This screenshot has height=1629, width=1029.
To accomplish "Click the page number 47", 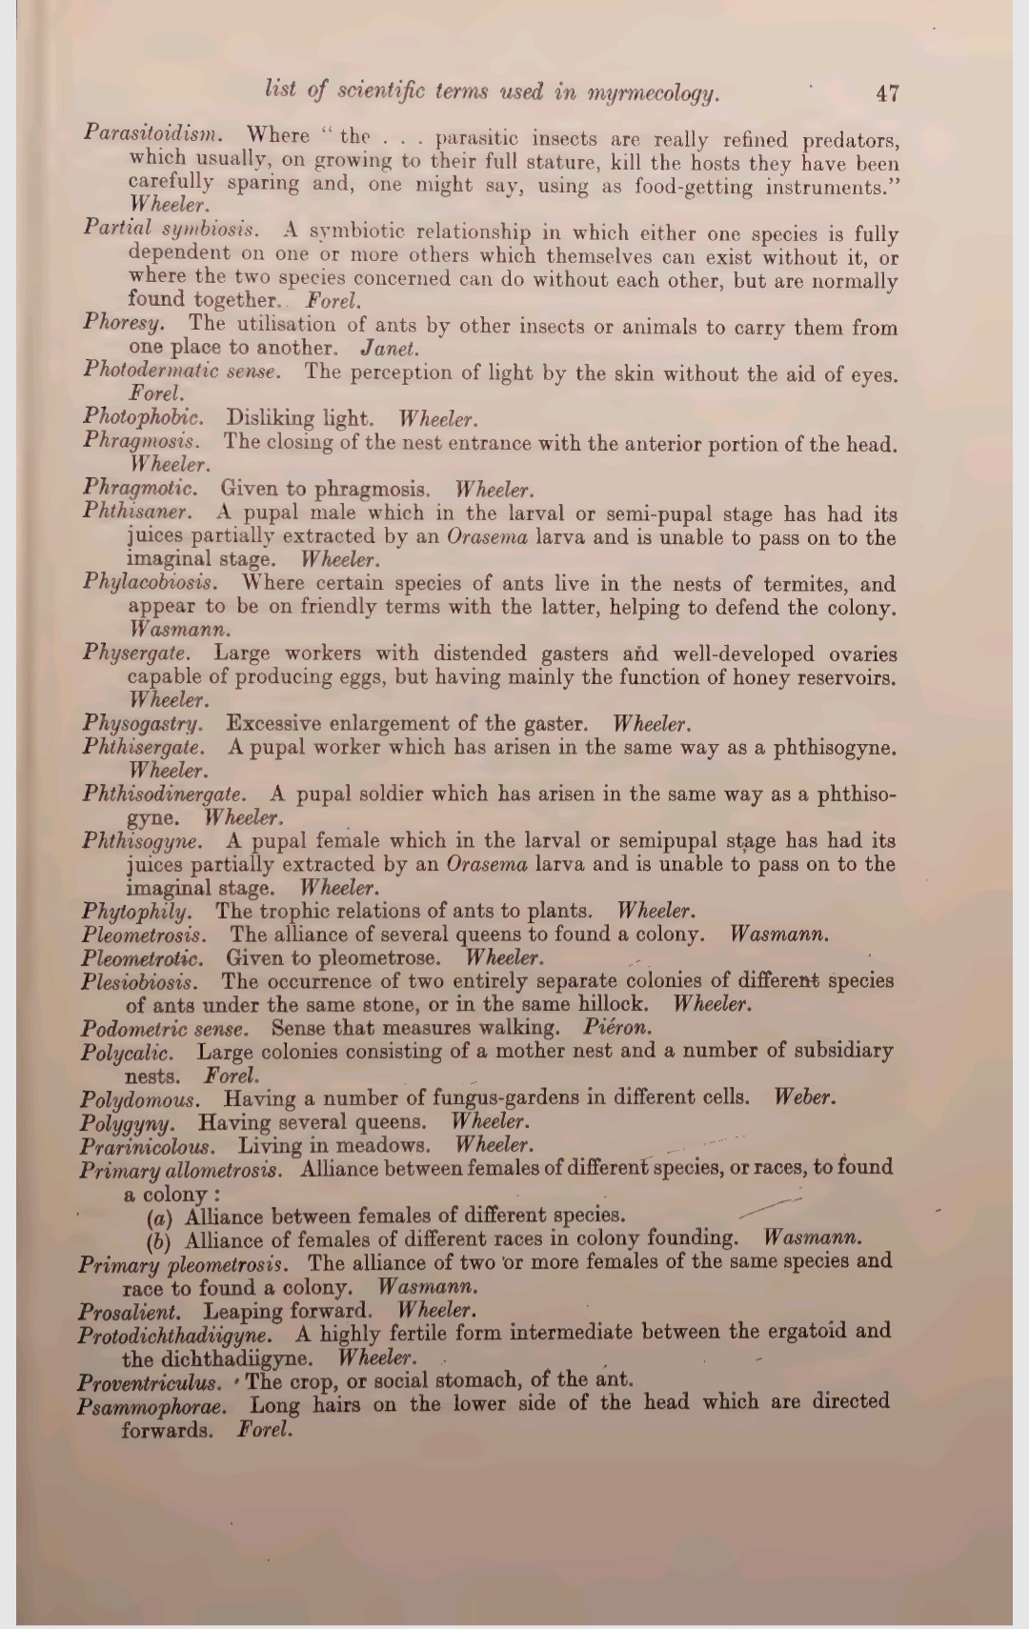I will point(887,92).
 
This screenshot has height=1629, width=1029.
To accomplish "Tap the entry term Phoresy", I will point(124,323).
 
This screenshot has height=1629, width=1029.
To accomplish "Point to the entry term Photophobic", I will point(143,417).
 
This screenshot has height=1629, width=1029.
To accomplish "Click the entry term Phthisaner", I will point(137,512).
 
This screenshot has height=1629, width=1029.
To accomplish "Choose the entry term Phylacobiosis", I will point(150,581).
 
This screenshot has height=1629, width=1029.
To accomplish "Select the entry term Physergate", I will point(136,653).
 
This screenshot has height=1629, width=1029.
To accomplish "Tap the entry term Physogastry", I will point(143,723).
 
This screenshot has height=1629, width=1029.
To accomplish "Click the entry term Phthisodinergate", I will point(164,794).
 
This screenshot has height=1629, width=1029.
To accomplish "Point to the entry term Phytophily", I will point(136,912).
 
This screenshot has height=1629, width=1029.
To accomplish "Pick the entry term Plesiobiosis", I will point(140,981).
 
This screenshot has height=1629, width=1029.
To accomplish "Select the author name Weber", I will point(805,1096).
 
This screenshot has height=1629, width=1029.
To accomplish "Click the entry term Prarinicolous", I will point(148,1146).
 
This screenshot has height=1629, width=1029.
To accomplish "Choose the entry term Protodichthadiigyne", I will point(174,1334).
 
